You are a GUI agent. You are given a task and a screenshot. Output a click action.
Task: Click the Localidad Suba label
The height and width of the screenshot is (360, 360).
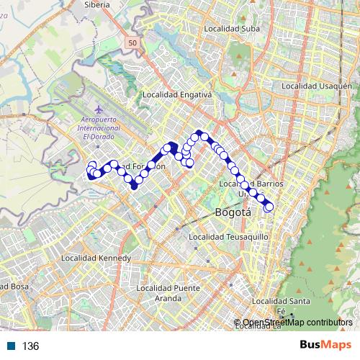231,29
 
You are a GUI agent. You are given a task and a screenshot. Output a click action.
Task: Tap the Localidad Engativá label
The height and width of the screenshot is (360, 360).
176,94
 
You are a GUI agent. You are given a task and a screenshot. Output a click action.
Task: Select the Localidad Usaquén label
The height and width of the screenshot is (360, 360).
310,86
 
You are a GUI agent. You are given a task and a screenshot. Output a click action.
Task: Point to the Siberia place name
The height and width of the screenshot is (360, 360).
96,4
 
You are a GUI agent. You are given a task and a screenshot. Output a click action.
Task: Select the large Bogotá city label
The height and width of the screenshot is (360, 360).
233,212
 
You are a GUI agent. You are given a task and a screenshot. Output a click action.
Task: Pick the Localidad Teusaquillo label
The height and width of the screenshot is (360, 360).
228,236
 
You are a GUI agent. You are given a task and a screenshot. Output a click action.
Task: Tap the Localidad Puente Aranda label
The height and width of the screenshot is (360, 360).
167,292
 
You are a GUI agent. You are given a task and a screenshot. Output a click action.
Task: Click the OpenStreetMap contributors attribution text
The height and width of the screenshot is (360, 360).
297,322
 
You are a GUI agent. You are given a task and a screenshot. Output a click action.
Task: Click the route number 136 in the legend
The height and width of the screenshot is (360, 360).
30,346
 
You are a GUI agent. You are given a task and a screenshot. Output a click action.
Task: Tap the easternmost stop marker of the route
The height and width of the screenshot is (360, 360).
269,207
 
